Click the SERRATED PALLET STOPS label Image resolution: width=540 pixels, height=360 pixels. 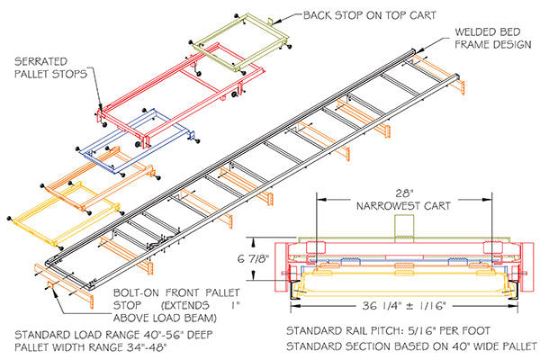pos(52,67)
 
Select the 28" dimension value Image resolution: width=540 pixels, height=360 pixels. pos(402,193)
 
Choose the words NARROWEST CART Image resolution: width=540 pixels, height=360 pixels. pos(402,205)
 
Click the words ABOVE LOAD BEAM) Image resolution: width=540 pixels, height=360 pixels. pos(171,317)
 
